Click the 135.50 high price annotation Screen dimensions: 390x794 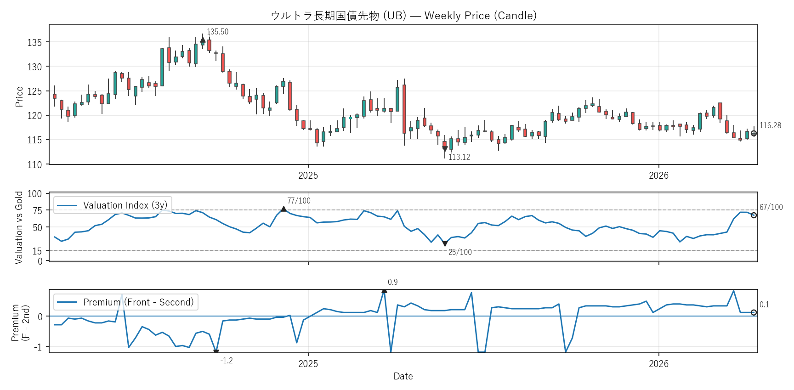217,32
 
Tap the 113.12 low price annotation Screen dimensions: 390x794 459,157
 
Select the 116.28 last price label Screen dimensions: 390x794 770,125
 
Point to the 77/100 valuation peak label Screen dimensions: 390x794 299,201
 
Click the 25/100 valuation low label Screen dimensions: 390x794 460,252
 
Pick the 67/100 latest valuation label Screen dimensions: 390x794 771,207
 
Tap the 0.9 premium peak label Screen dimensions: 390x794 392,282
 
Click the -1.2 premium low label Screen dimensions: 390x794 227,361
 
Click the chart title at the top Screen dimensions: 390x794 403,16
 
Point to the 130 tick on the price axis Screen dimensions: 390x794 34,67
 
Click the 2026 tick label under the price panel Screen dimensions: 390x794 658,175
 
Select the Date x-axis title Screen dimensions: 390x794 403,376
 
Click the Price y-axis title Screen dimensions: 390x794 19,96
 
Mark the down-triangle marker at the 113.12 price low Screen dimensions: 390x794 445,149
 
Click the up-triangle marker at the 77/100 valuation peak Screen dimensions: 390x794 284,209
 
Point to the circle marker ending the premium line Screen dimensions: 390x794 754,312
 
